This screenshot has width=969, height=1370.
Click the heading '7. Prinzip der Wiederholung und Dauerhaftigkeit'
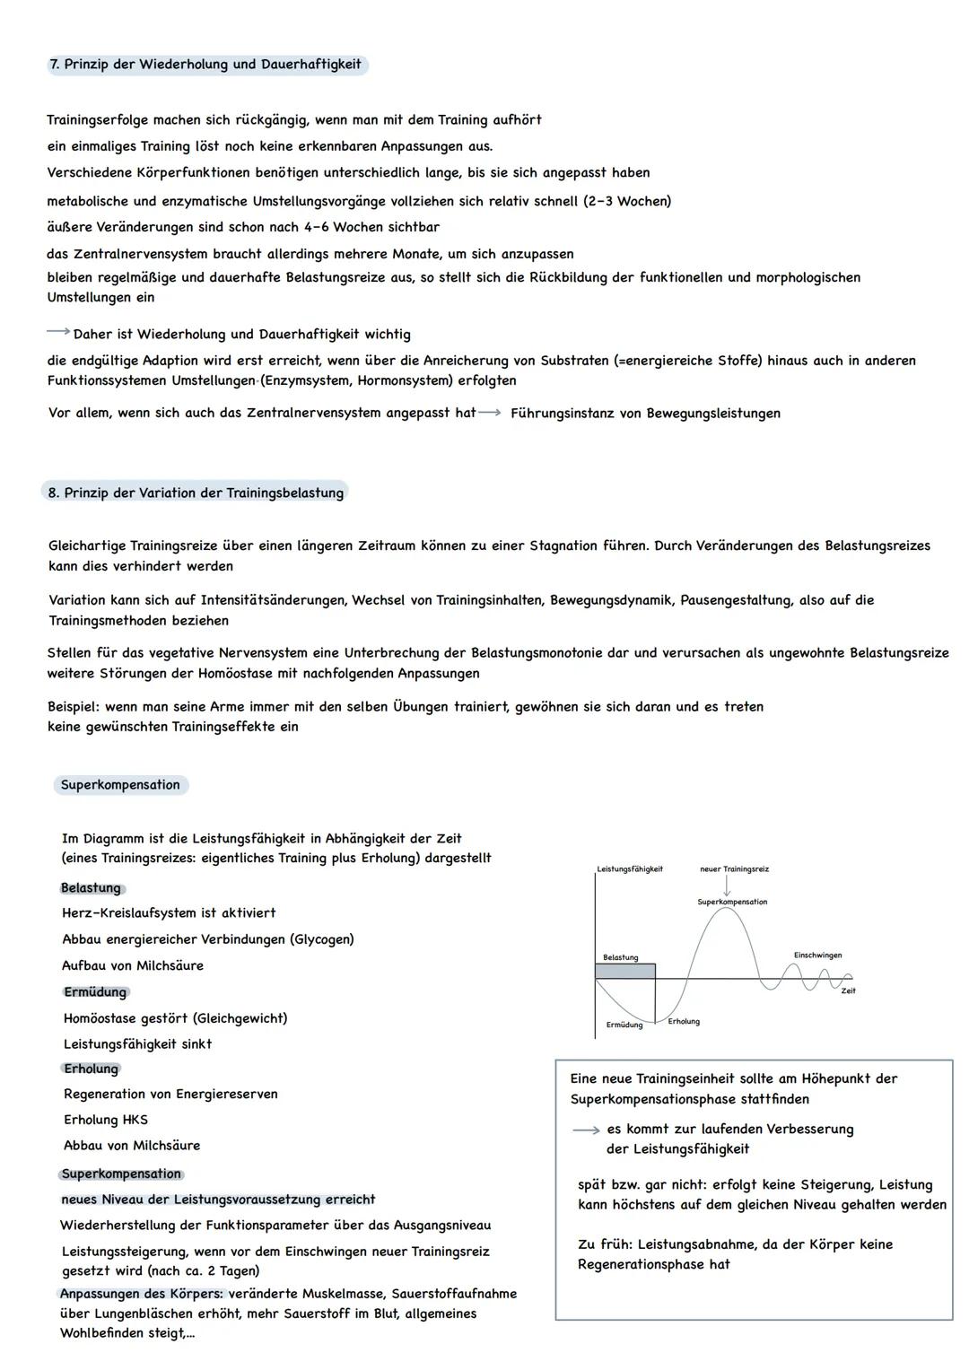click(x=206, y=65)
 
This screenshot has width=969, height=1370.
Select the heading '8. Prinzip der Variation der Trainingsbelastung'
click(x=196, y=493)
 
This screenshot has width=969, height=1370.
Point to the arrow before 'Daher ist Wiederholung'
click(x=58, y=332)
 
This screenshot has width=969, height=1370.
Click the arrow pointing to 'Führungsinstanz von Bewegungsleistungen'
click(x=490, y=413)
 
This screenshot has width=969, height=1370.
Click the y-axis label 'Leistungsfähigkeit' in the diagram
click(x=630, y=868)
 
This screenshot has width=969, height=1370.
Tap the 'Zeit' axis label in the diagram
click(x=848, y=990)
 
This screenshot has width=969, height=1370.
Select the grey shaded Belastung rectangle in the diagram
click(x=624, y=971)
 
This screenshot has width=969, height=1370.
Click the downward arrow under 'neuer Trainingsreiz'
click(x=727, y=885)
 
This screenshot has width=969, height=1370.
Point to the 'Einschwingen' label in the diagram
click(x=817, y=955)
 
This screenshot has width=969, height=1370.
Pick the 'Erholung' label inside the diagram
click(x=684, y=1021)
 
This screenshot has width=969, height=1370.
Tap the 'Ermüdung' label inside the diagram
click(x=624, y=1025)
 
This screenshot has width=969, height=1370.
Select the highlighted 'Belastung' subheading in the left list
click(x=91, y=887)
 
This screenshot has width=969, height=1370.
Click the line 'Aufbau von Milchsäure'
click(x=133, y=965)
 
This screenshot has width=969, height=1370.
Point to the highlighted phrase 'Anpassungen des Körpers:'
click(x=142, y=1293)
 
